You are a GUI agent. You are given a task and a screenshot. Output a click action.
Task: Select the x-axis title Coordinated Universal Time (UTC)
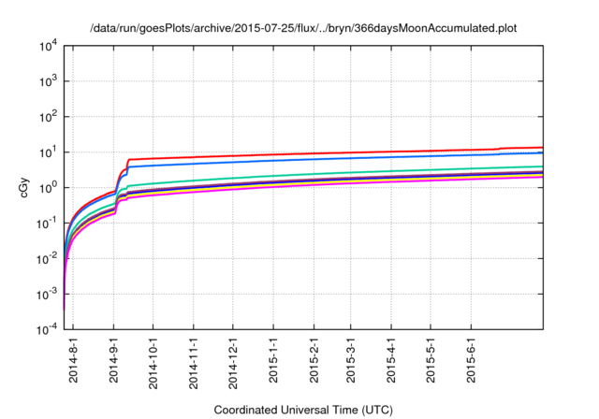click(x=303, y=410)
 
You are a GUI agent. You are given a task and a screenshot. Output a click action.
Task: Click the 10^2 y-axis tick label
click(x=50, y=117)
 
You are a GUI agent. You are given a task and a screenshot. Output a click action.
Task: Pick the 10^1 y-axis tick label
click(x=50, y=152)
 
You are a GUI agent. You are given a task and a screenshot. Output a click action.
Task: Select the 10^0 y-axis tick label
click(x=50, y=188)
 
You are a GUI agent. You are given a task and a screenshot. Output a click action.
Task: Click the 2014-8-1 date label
click(x=74, y=360)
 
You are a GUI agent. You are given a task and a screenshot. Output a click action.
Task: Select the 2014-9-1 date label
click(x=113, y=360)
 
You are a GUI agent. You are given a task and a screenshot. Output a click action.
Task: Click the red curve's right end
click(x=542, y=147)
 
